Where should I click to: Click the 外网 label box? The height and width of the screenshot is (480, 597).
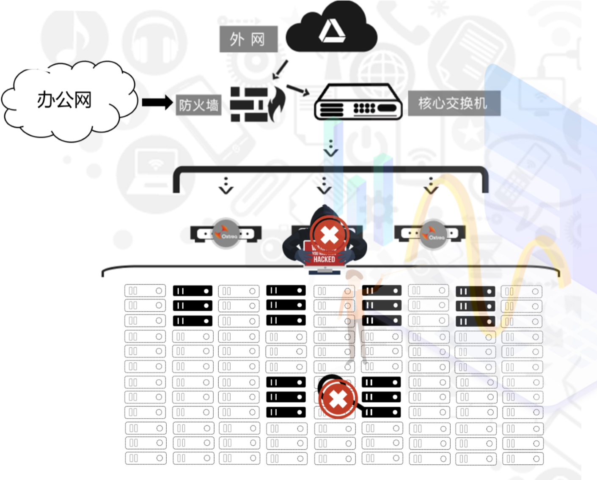tap(248, 39)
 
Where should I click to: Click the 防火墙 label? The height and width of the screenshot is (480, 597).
tap(198, 105)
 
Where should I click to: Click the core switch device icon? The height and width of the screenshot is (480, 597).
tap(358, 102)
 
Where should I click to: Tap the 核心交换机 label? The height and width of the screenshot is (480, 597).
tap(454, 103)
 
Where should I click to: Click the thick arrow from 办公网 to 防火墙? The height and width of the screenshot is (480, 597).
tap(157, 102)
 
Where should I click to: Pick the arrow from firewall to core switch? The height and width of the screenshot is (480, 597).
tap(298, 90)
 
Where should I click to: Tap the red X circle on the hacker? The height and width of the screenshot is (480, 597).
tap(329, 236)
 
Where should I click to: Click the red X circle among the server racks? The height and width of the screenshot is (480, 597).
tap(338, 398)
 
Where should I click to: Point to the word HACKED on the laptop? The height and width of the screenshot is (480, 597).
tap(324, 259)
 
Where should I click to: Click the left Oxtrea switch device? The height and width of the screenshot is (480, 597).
tap(226, 234)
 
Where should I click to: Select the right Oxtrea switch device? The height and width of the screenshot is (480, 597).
tap(430, 234)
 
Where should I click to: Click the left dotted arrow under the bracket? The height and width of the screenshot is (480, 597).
tap(226, 186)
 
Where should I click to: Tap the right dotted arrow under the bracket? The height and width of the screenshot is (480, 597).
tap(431, 186)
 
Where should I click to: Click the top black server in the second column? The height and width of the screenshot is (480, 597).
tap(193, 291)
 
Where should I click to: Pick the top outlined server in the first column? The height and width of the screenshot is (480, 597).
tap(145, 291)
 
